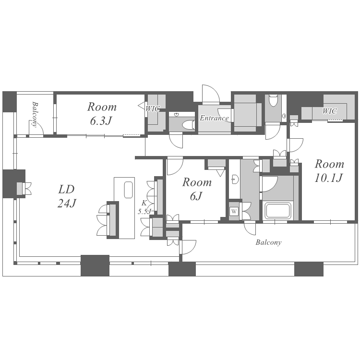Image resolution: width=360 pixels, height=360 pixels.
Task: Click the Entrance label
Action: [214, 118]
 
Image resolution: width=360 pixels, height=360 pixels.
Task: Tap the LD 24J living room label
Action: [67, 196]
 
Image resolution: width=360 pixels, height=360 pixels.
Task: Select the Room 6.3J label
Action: [102, 114]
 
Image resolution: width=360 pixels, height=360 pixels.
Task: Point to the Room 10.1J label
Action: [329, 170]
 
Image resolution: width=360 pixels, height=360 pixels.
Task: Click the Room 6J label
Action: [197, 189]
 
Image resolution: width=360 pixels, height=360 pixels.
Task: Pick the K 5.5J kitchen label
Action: [144, 207]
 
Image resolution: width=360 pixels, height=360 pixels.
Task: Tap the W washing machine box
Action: [234, 211]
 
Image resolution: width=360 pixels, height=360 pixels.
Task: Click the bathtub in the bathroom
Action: [278, 211]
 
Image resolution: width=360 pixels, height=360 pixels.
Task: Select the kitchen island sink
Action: [129, 190]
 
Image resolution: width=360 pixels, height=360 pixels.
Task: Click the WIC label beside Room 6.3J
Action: [153, 108]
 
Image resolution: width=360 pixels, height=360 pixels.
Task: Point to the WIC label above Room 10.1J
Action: [329, 111]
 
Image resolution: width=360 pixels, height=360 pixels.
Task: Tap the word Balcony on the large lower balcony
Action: [268, 242]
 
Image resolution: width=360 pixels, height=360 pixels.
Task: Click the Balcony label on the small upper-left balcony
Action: [35, 114]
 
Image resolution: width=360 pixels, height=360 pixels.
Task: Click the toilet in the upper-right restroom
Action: [273, 100]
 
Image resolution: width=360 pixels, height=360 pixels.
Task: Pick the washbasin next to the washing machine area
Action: [235, 179]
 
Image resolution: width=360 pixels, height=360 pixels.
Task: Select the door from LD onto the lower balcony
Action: [188, 247]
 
